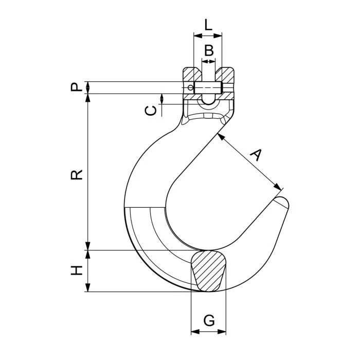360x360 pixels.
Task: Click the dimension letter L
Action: tap(208, 25)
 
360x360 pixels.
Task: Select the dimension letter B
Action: tap(209, 50)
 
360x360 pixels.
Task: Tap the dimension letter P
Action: tap(77, 87)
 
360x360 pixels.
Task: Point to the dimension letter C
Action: tap(151, 111)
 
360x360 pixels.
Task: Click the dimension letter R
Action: tap(77, 175)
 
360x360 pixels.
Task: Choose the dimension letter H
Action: tap(77, 271)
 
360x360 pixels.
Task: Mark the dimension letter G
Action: tap(209, 320)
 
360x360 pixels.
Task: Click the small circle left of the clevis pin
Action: tap(190, 87)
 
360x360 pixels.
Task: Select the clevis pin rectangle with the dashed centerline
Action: tap(208, 87)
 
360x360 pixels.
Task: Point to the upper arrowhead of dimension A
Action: tap(221, 137)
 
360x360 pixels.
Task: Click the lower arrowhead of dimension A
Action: tap(278, 187)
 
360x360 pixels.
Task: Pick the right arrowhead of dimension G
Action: tap(222, 332)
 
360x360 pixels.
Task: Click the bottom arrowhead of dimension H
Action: tap(88, 287)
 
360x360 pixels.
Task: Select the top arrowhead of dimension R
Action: tap(88, 98)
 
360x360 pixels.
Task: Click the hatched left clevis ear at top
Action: tap(191, 74)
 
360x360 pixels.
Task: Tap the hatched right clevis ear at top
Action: tap(225, 74)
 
